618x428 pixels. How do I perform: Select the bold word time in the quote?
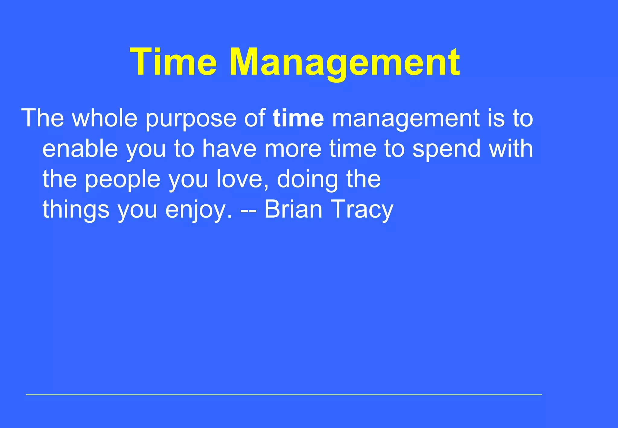[x=298, y=118]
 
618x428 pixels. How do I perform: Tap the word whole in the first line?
[x=105, y=118]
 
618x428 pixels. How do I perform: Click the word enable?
[x=80, y=149]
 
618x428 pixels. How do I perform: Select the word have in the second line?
[x=229, y=149]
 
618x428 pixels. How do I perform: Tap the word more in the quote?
[x=293, y=149]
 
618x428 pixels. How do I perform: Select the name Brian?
[x=293, y=209]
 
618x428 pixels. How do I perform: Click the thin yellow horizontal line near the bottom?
[x=284, y=394]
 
